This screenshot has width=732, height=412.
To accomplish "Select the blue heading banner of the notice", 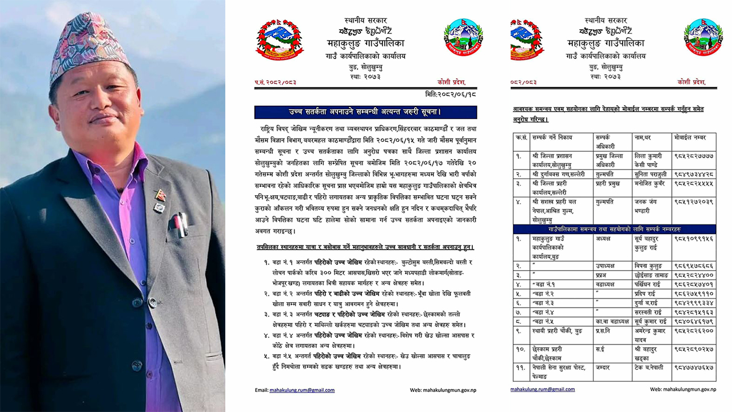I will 365,112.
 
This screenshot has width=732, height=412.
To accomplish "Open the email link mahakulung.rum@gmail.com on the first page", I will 302,390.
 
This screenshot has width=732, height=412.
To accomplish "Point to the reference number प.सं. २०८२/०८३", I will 276,82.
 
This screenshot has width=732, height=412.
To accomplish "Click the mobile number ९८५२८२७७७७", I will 693,155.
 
